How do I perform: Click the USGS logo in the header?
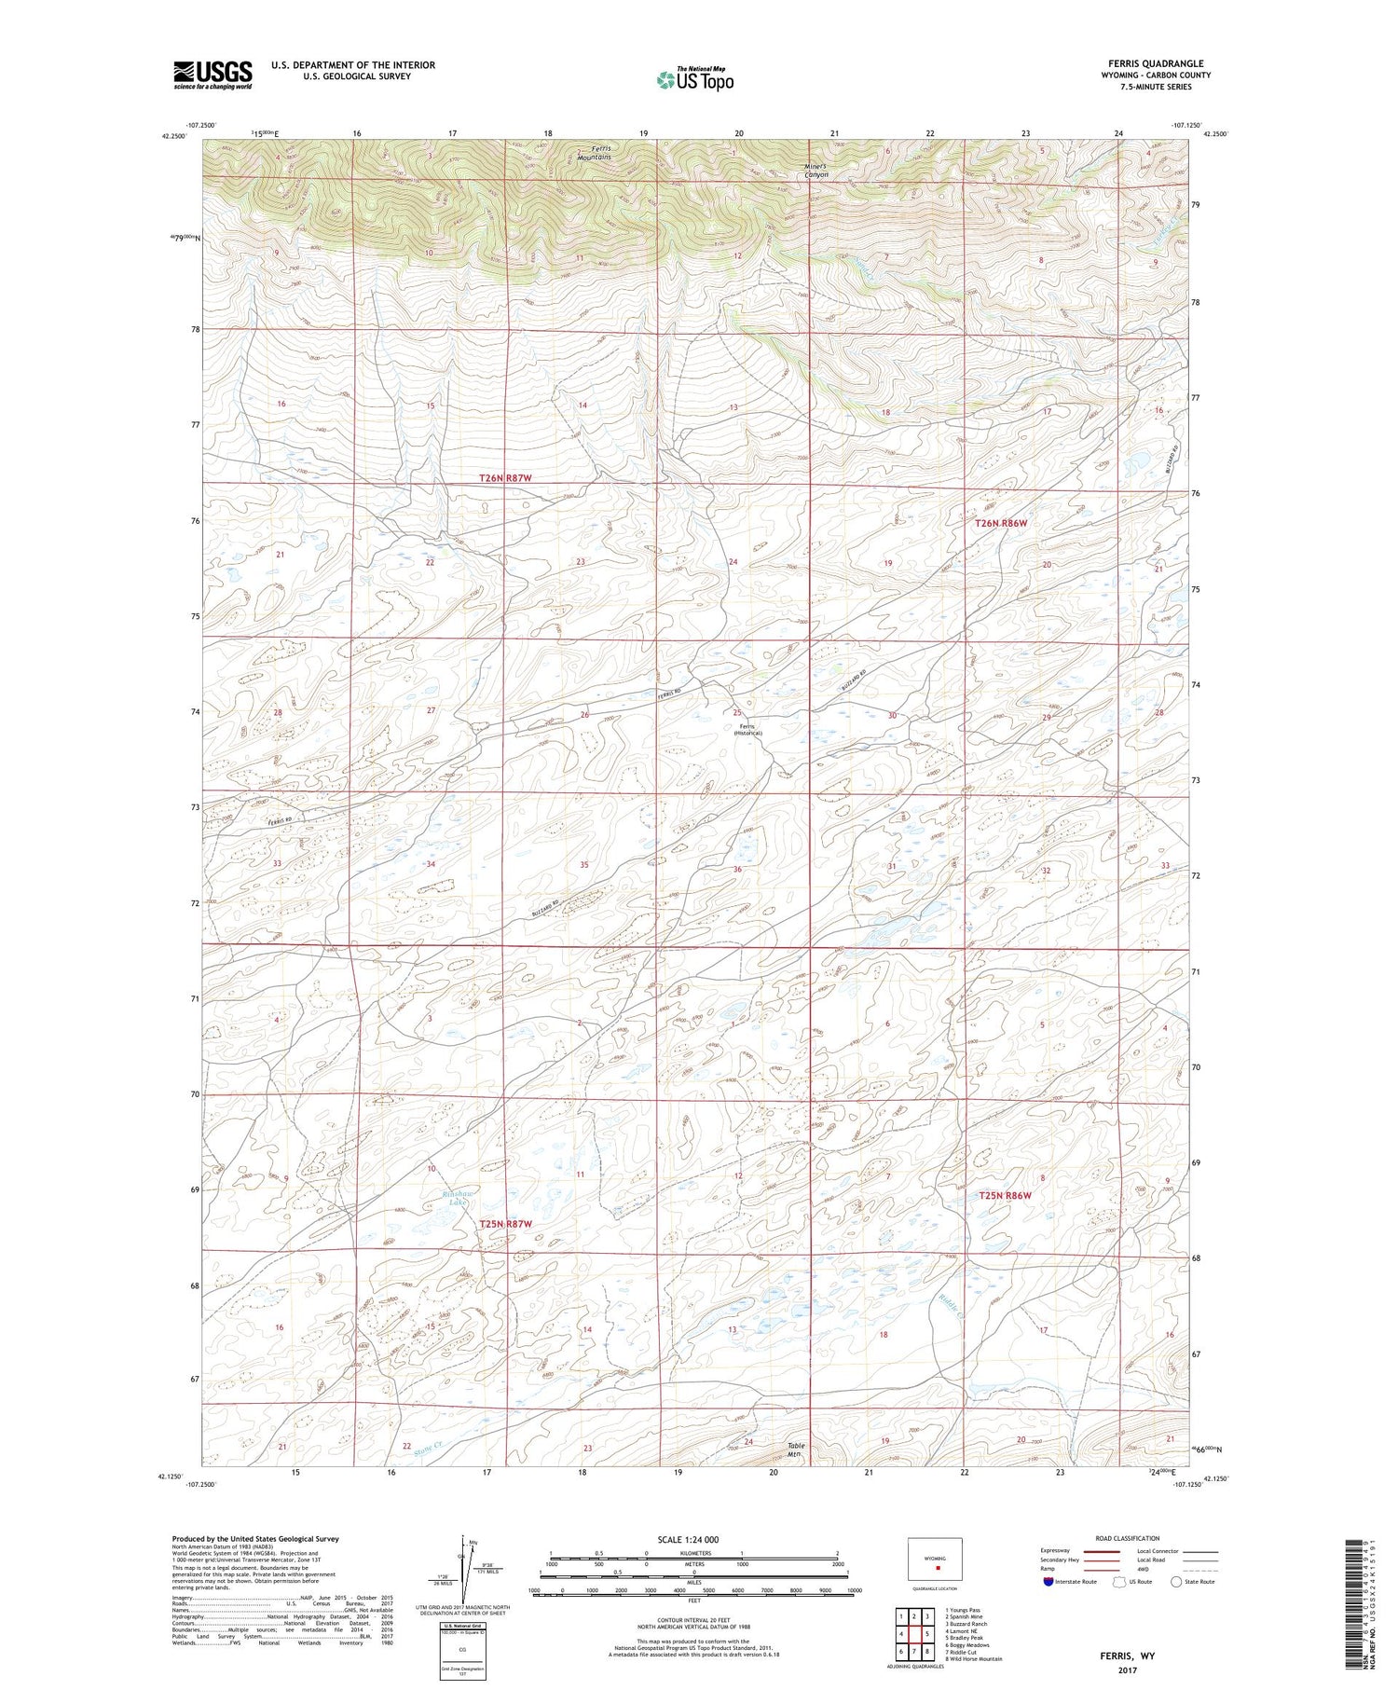212,75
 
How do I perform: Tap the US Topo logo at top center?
694,80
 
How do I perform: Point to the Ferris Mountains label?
594,154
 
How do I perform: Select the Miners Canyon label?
815,172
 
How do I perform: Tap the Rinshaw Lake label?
459,1199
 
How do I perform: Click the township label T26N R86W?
1000,524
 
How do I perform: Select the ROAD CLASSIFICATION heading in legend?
1128,1539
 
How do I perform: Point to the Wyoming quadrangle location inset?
934,1559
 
